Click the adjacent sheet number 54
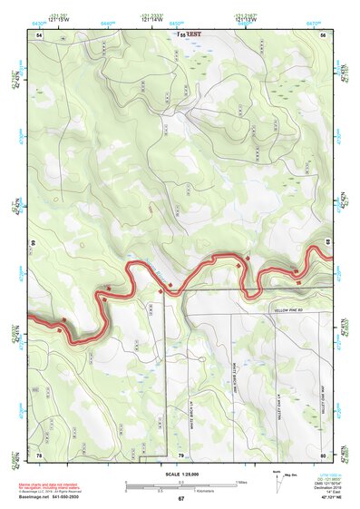39,34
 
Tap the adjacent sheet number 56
324,34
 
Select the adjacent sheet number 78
39,454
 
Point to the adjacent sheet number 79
180,454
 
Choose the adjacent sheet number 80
324,454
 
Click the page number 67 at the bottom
180,499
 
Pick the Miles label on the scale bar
240,481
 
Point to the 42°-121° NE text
329,499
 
